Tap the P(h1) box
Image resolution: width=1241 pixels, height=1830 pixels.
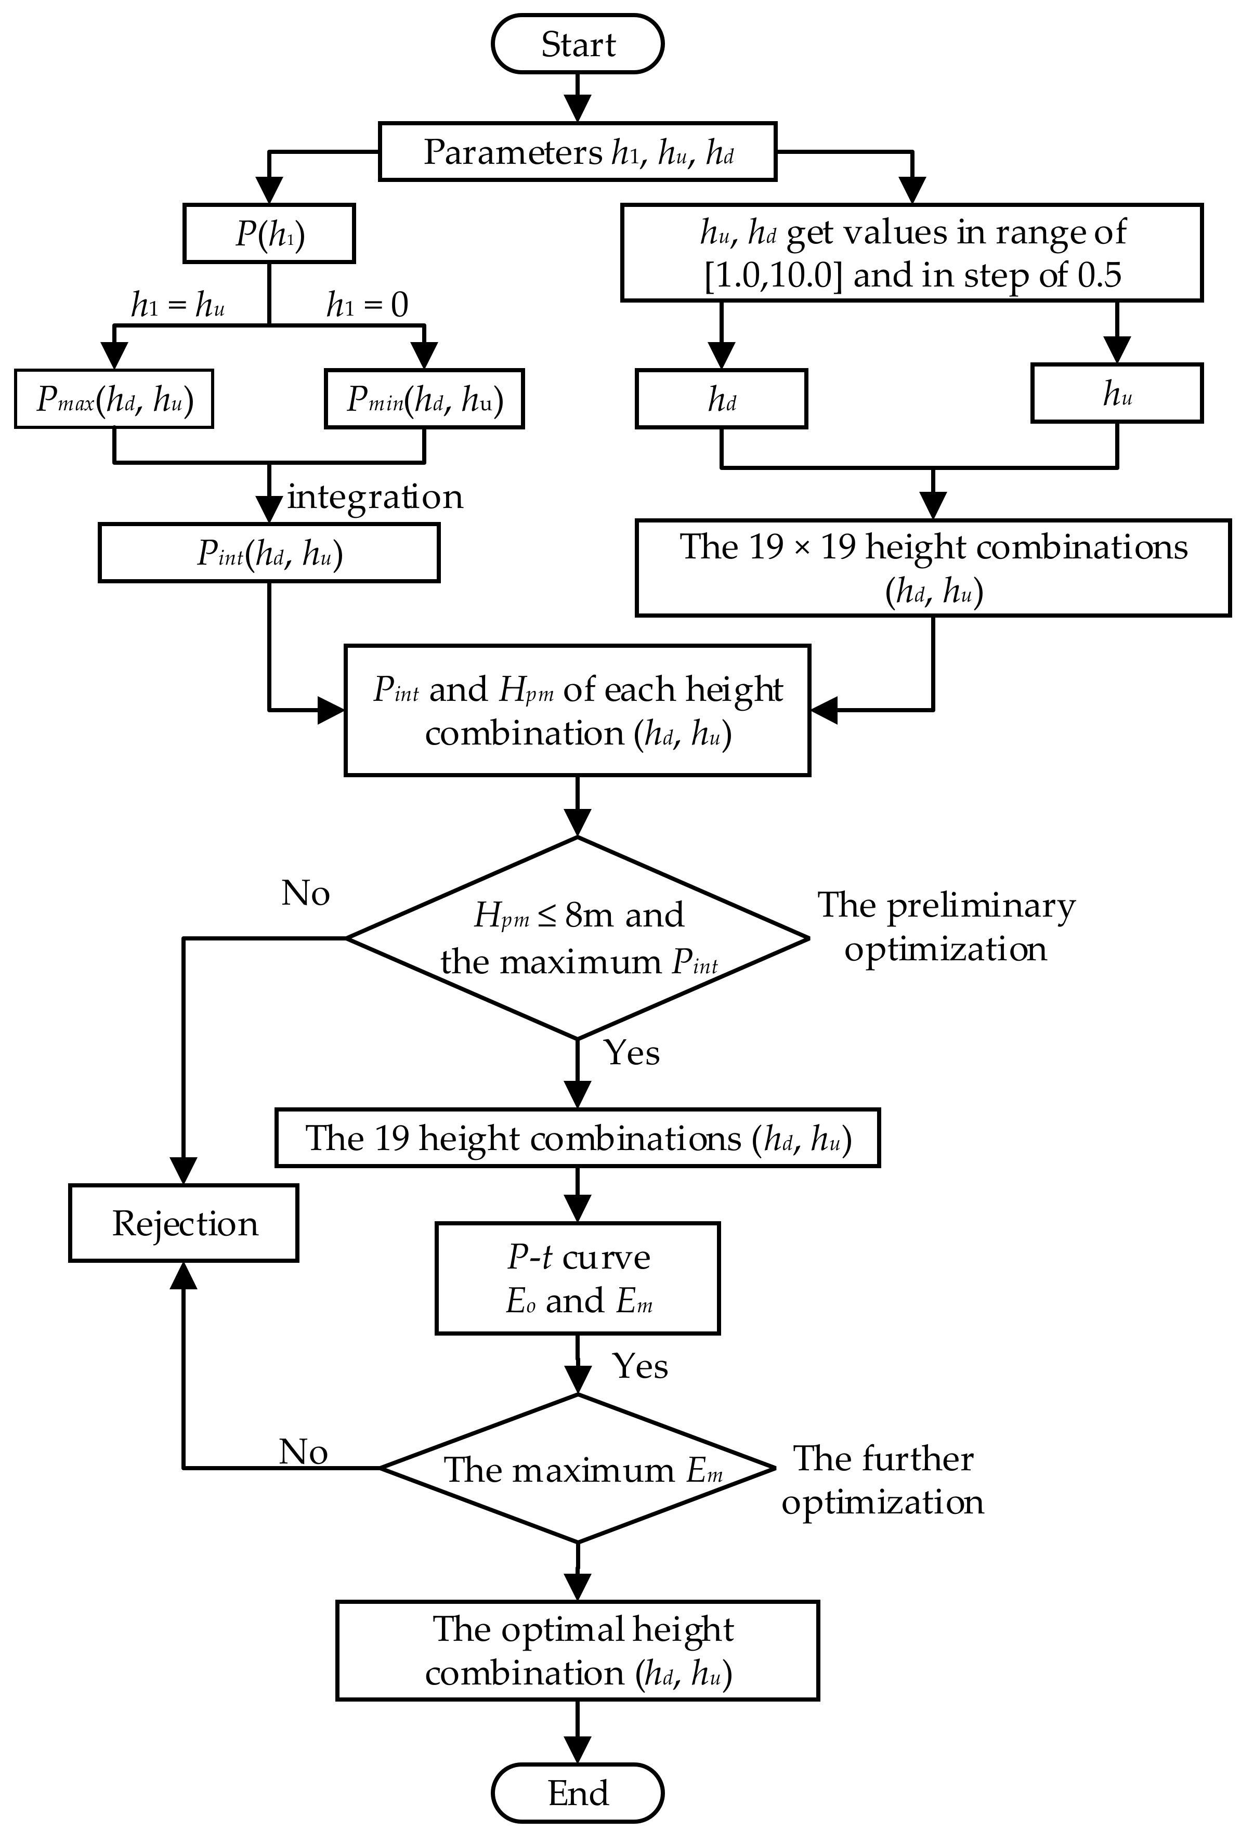click(x=269, y=234)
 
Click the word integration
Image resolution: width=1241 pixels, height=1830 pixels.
click(x=375, y=497)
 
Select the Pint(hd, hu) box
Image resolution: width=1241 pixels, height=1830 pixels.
click(x=269, y=554)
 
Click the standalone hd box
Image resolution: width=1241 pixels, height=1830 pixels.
click(x=721, y=399)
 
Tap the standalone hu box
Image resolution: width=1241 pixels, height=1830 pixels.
click(x=1117, y=393)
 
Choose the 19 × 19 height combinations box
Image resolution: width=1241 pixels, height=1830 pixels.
click(x=933, y=567)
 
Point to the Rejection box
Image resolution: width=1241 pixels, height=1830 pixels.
click(x=184, y=1223)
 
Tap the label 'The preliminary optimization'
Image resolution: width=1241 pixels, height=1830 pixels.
click(x=946, y=927)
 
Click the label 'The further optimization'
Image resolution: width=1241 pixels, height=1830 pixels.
click(x=883, y=1480)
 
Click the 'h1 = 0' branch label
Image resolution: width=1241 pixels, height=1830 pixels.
click(x=367, y=305)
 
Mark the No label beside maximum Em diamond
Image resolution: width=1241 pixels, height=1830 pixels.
click(x=303, y=1451)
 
